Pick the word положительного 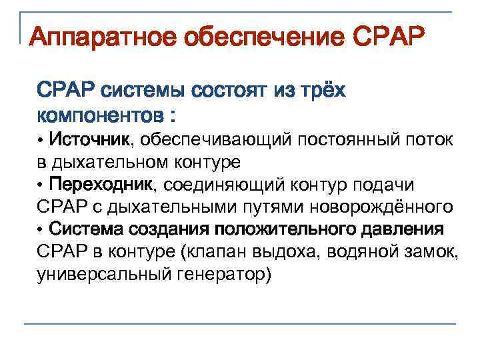pyautogui.click(x=287, y=229)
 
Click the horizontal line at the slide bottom pyautogui.click(x=240, y=324)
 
